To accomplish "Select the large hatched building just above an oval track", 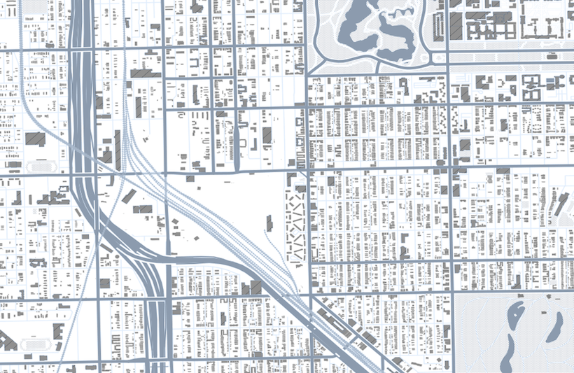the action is [35, 138].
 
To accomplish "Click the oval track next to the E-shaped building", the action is [34, 345].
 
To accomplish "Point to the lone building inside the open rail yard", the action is [269, 223].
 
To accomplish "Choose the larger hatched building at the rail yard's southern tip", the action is [255, 288].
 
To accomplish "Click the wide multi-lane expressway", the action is [83, 105].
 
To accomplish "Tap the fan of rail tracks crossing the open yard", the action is [210, 210].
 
